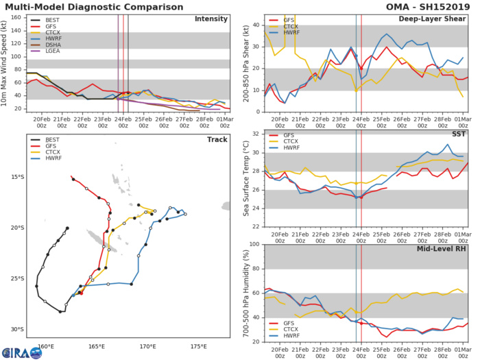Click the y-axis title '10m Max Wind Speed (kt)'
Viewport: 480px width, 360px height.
pos(5,62)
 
